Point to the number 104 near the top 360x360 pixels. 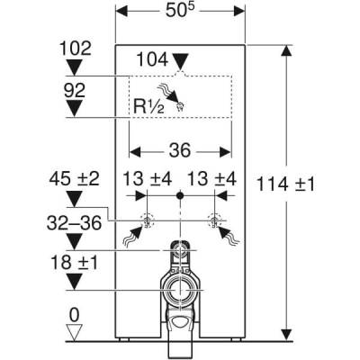pyautogui.click(x=153, y=59)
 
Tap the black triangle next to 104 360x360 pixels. pyautogui.click(x=184, y=61)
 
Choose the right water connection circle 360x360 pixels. pyautogui.click(x=215, y=220)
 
